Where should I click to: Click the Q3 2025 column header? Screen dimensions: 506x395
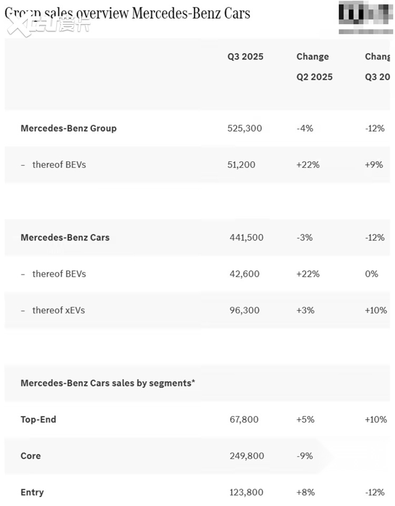click(245, 57)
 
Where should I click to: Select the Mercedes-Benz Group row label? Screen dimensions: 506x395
click(68, 128)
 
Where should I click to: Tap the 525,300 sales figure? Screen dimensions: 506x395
click(244, 128)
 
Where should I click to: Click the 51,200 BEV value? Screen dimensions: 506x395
click(241, 165)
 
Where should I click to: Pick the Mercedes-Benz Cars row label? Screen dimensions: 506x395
click(65, 237)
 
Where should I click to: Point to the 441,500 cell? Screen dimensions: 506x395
click(246, 237)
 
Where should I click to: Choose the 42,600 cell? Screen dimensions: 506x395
click(244, 274)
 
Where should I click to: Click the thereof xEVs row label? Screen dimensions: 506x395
click(58, 310)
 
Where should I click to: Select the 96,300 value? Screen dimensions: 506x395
click(244, 310)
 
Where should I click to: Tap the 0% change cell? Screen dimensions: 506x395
click(371, 274)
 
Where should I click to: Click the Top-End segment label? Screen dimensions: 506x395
click(38, 420)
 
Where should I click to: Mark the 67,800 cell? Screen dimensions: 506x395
click(244, 420)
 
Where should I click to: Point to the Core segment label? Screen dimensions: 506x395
click(31, 456)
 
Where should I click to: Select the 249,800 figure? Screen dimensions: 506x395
click(246, 456)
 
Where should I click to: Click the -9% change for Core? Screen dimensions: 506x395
click(304, 456)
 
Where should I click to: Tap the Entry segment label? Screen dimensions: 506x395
click(32, 492)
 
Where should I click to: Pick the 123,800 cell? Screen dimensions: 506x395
click(246, 492)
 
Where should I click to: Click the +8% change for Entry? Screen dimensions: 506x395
click(305, 492)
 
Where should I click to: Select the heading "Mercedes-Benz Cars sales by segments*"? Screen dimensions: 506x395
click(107, 383)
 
